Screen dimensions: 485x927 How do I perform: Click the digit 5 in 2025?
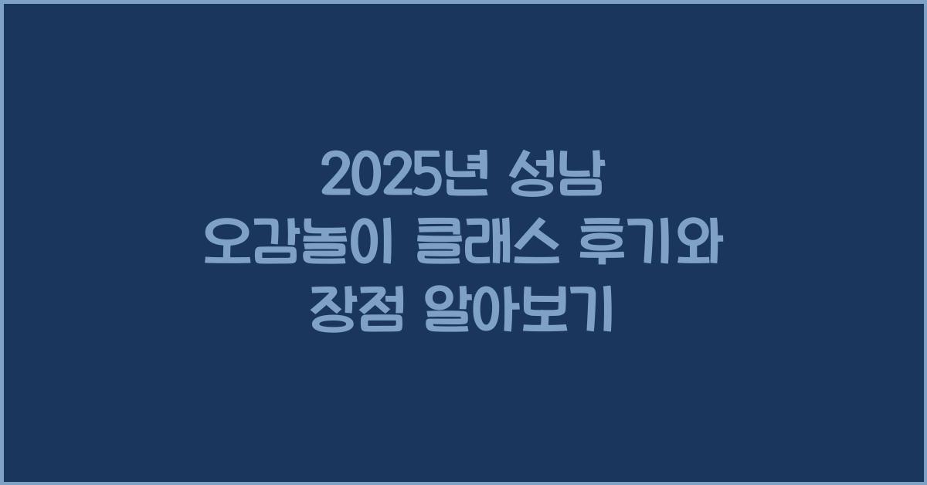[426, 178]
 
